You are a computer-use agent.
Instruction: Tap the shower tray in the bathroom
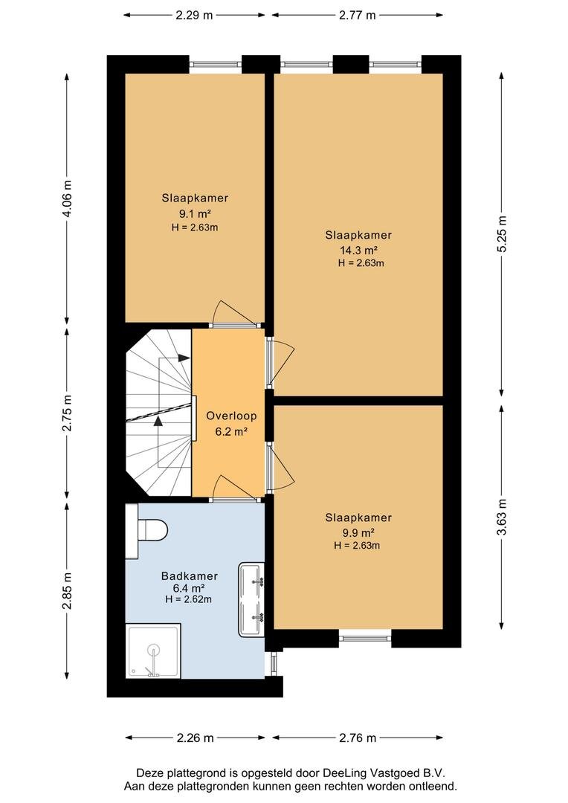152,651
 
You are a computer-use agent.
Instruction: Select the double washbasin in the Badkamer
251,600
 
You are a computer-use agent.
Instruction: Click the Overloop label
231,416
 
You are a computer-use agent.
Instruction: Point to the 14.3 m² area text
358,251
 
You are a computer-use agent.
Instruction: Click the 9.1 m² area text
195,213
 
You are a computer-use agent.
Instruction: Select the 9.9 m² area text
358,532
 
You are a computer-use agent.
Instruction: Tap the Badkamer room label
190,576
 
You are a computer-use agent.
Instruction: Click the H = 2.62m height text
189,599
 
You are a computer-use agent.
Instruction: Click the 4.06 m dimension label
67,199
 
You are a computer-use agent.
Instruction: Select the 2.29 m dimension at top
194,16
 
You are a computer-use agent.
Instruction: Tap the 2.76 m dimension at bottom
358,738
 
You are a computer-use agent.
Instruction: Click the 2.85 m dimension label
67,592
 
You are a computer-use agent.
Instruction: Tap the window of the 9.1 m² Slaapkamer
215,64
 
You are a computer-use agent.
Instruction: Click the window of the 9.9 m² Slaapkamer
365,638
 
